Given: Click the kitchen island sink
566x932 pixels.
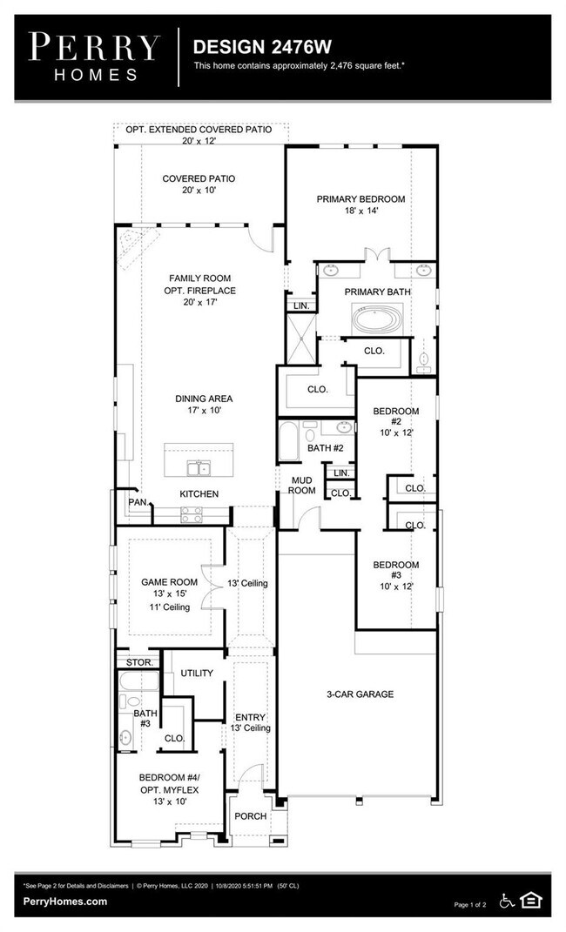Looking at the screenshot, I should point(199,468).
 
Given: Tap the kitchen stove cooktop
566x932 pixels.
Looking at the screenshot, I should point(192,514).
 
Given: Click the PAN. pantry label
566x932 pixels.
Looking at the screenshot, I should point(137,502).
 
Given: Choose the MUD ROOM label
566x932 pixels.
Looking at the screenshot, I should point(302,485).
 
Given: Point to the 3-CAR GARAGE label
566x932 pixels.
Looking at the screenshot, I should point(360,694).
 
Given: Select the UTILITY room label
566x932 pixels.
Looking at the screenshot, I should point(197,674).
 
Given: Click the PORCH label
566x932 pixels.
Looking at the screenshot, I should point(251,816).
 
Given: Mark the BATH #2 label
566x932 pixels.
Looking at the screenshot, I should point(325,448).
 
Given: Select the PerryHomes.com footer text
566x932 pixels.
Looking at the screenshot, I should point(66,902).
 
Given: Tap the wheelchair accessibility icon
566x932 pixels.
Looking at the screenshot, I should point(507,900).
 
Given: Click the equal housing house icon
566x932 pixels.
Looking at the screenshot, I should point(530,900).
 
